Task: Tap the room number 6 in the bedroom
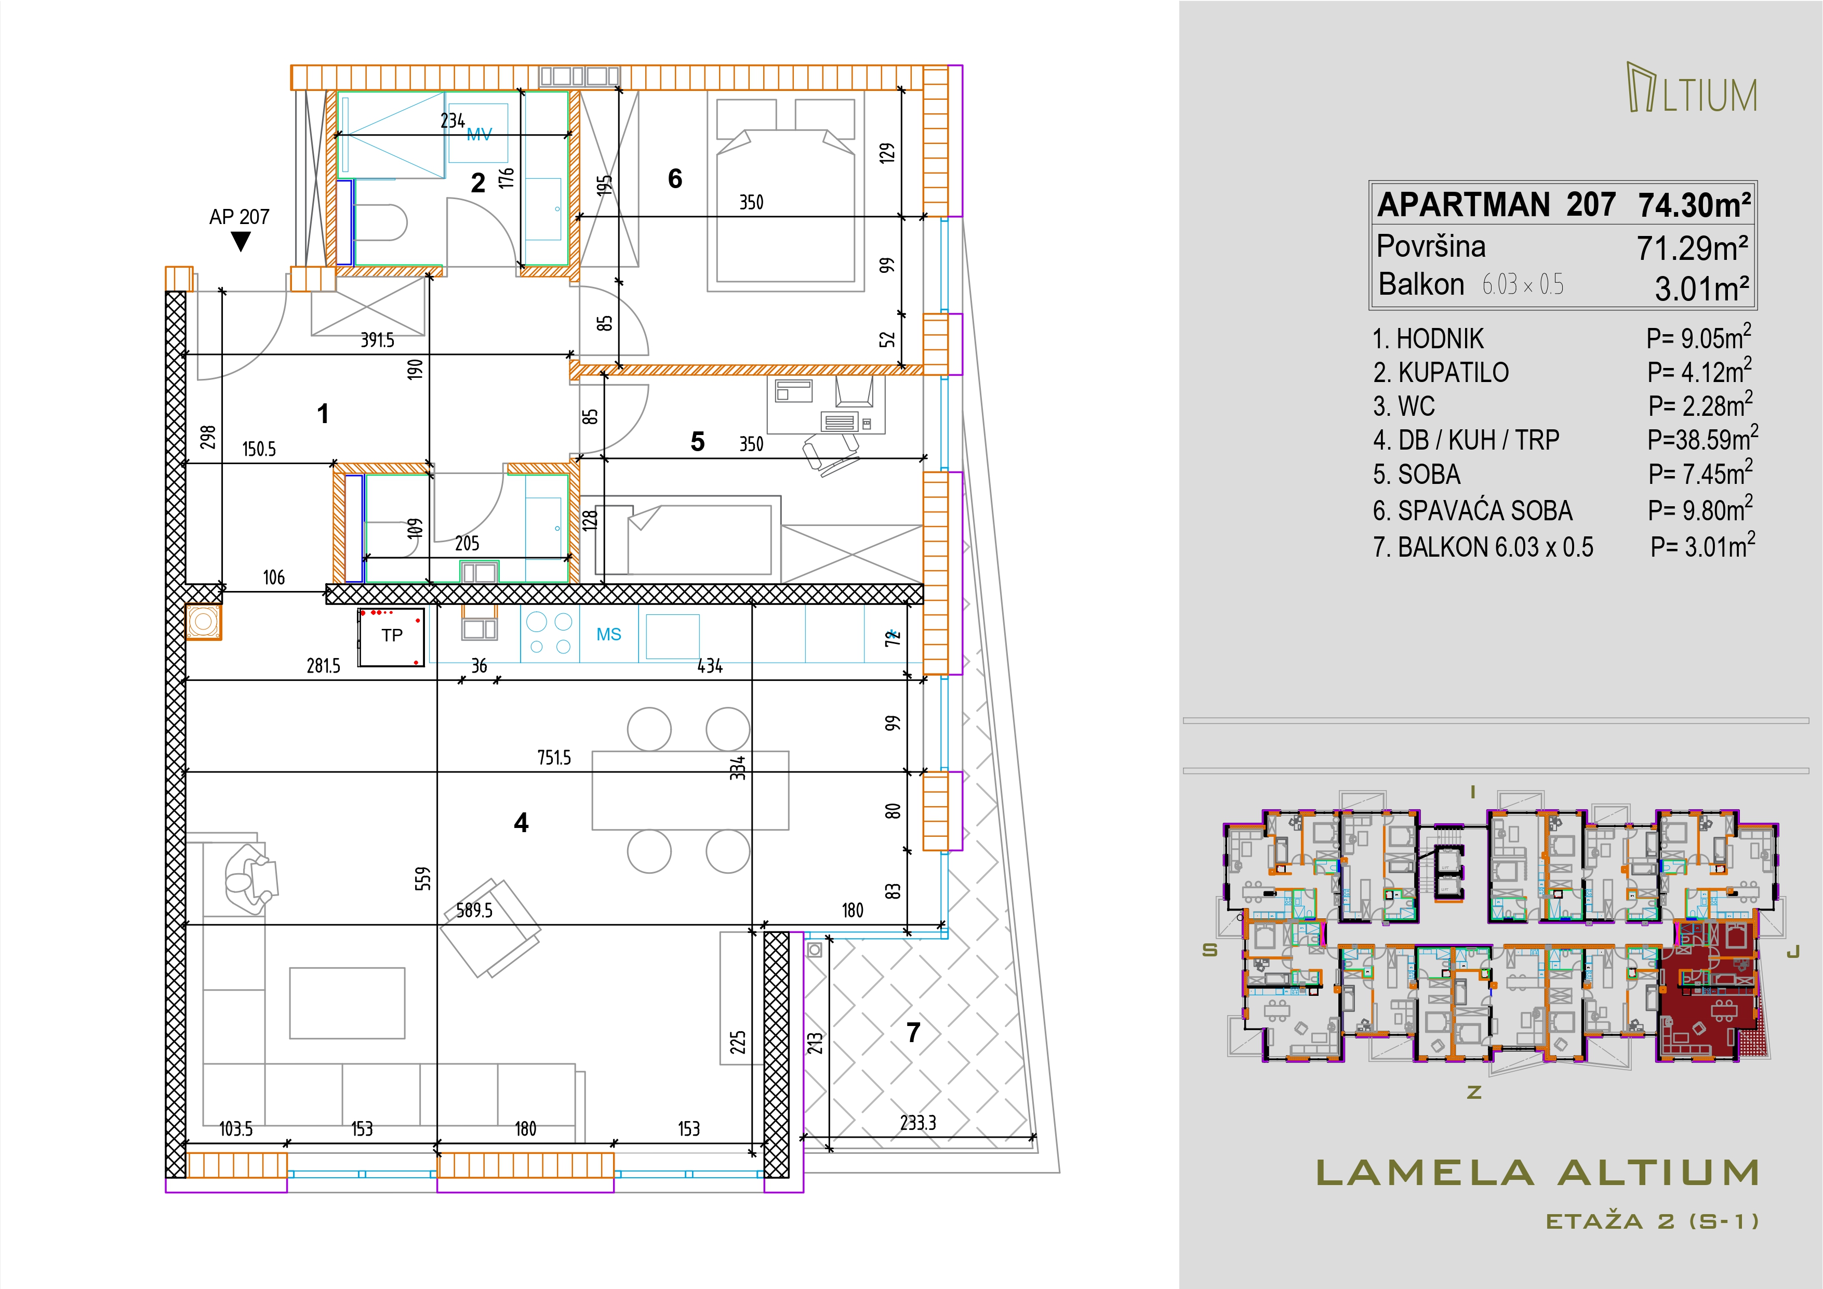click(x=675, y=179)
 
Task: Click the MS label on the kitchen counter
click(x=609, y=635)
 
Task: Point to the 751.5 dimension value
click(x=554, y=758)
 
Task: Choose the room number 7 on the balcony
click(x=914, y=1032)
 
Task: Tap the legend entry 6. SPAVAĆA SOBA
click(x=1473, y=511)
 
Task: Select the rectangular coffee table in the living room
click(x=347, y=1003)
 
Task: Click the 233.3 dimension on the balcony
click(x=918, y=1123)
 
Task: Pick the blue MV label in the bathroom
click(x=479, y=135)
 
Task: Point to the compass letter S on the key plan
click(x=1209, y=950)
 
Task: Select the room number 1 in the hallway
click(x=322, y=414)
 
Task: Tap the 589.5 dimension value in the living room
click(x=474, y=910)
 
